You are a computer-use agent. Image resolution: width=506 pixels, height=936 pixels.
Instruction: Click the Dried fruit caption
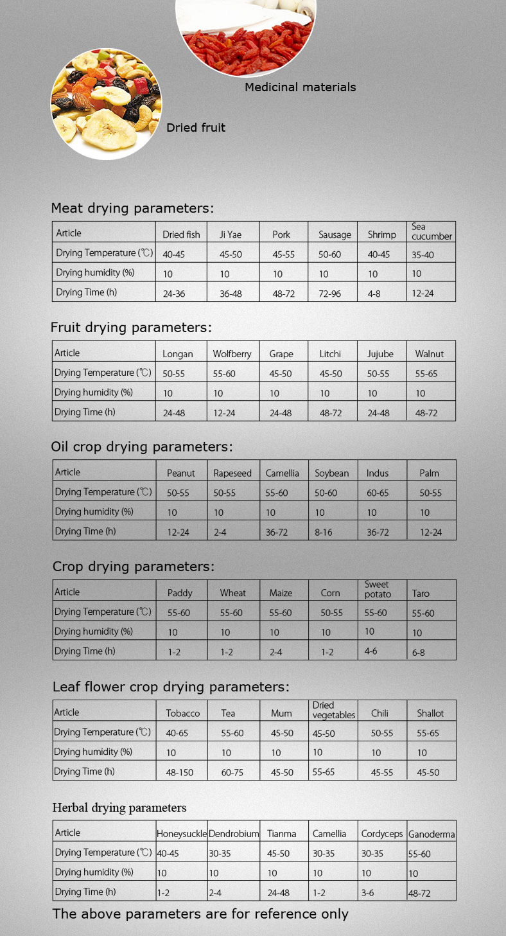(196, 128)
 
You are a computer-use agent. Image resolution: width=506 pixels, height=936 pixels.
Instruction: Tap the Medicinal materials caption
(300, 87)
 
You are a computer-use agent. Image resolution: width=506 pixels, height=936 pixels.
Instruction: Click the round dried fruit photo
(106, 104)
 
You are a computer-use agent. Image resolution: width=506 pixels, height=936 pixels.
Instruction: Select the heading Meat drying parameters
(132, 208)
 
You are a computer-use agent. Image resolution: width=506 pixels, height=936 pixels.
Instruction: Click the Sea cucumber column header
(432, 232)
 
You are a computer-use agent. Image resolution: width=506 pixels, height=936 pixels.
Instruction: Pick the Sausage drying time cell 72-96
(331, 293)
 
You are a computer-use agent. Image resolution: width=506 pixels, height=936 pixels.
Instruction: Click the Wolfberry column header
(232, 354)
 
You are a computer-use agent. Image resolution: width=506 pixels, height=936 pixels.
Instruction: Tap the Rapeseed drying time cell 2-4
(220, 533)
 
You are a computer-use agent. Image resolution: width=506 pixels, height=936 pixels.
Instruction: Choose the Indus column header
(378, 473)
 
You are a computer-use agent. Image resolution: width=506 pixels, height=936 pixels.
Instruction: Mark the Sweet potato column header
(378, 589)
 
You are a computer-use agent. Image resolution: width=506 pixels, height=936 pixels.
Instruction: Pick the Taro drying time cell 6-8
(419, 653)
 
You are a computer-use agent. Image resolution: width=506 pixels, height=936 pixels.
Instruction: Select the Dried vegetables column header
(333, 710)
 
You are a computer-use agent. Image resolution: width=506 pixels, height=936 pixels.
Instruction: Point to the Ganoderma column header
(432, 834)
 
